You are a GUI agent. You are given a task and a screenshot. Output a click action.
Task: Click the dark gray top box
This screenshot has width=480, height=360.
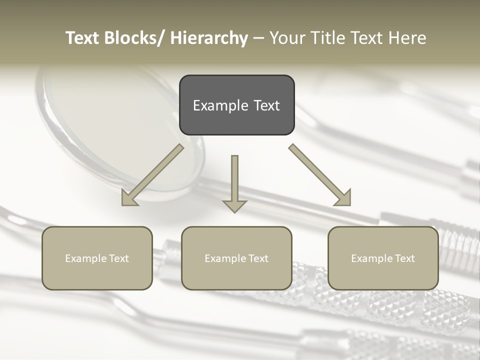click(x=236, y=105)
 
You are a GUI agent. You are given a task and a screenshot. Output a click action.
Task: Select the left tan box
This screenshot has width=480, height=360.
click(x=97, y=258)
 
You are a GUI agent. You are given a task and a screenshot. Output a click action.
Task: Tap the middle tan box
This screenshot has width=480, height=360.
click(x=236, y=258)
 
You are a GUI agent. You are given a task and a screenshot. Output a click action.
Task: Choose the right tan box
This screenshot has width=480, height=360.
click(x=383, y=258)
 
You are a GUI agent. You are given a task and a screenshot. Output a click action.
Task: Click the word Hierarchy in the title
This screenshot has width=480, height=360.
click(x=209, y=38)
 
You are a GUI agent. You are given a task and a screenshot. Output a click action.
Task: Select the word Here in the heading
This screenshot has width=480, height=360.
click(x=407, y=38)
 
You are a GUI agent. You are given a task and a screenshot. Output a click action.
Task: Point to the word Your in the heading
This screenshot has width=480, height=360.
click(x=286, y=38)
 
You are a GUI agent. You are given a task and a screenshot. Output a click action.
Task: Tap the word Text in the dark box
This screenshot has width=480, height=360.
click(x=266, y=105)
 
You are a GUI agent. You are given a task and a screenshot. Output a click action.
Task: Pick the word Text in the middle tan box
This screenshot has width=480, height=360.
click(x=258, y=258)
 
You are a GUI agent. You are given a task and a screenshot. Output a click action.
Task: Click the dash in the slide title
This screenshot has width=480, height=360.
click(x=258, y=38)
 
